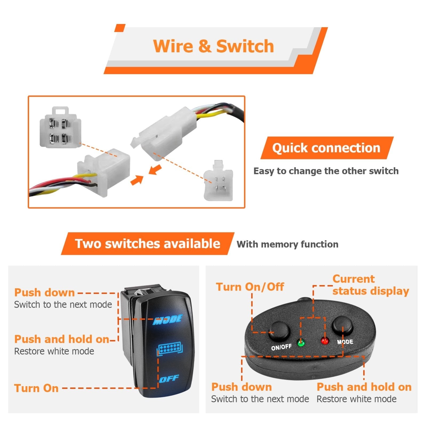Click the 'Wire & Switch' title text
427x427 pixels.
213,46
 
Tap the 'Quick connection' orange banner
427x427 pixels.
326,148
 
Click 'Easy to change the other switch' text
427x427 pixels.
326,171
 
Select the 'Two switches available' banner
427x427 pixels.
147,244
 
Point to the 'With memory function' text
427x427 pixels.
287,244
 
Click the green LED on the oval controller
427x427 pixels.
301,342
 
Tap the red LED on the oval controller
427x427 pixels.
325,341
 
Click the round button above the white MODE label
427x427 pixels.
342,326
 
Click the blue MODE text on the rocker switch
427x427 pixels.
168,319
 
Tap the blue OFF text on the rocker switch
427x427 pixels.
169,378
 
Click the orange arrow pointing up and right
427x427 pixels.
137,180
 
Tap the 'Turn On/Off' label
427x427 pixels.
250,287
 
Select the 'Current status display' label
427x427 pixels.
370,285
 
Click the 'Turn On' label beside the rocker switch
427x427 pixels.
36,388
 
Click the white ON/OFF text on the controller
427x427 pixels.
281,347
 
